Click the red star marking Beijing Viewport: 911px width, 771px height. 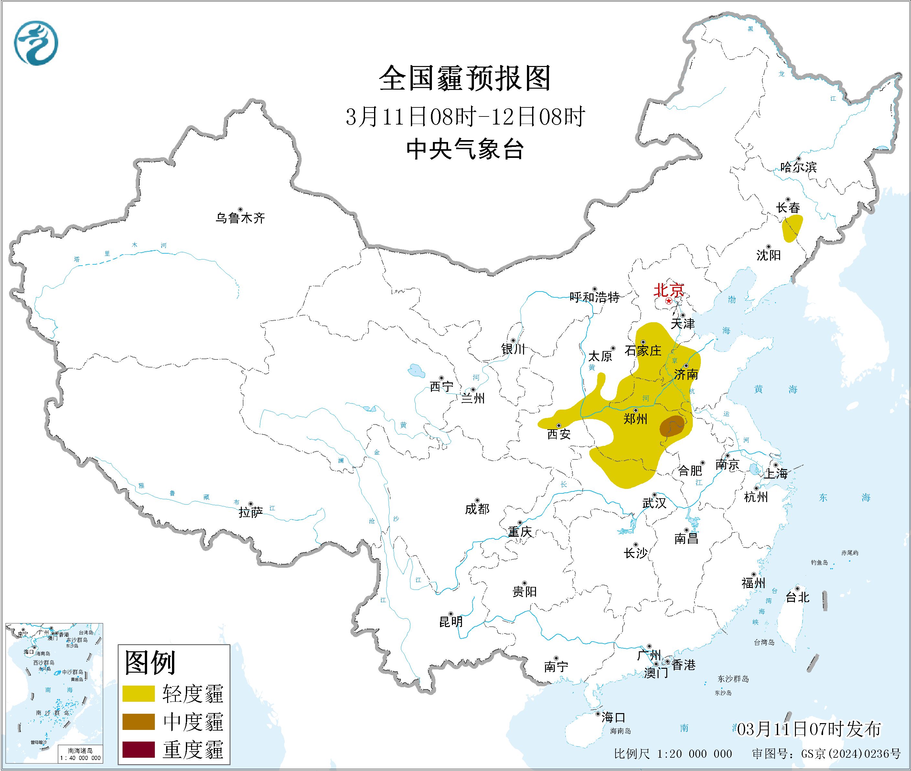pos(669,302)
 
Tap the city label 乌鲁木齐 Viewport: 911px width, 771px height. pos(240,218)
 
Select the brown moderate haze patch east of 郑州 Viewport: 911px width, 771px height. pos(671,426)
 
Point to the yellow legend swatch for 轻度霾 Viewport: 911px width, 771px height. pos(138,694)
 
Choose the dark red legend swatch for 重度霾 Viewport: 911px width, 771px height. pos(138,749)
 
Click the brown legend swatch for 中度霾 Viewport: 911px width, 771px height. pos(138,721)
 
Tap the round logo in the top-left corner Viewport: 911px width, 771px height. pos(36,43)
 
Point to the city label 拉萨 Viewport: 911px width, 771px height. pos(251,512)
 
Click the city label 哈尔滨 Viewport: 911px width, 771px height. pos(798,167)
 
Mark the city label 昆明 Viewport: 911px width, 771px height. pos(451,622)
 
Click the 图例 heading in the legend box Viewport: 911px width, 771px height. pos(150,663)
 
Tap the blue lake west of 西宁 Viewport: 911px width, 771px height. pos(416,371)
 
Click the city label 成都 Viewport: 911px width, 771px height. pos(477,509)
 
